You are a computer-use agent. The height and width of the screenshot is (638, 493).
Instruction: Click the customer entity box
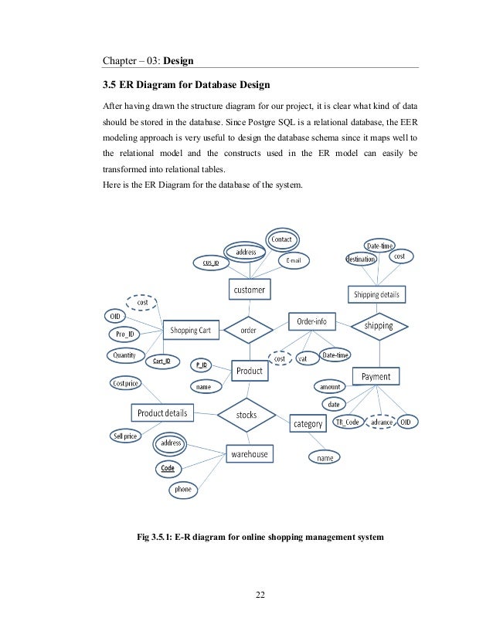(x=249, y=290)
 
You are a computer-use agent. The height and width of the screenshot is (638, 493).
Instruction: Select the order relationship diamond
(x=248, y=330)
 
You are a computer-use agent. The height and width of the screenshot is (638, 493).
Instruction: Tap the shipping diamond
(x=378, y=325)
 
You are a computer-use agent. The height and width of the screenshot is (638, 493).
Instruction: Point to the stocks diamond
(x=246, y=415)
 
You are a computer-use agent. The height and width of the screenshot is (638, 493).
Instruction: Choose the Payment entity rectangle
(x=376, y=376)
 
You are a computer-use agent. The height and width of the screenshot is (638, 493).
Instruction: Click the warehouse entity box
(x=249, y=454)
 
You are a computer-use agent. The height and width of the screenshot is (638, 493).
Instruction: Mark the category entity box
(x=308, y=423)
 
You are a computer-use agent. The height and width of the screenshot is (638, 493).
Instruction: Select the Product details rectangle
(x=161, y=412)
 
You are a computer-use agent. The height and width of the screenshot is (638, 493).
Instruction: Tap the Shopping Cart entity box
(x=190, y=330)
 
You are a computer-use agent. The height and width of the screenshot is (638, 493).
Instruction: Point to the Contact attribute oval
(x=280, y=239)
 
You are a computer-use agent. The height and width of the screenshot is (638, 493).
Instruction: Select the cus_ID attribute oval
(x=211, y=263)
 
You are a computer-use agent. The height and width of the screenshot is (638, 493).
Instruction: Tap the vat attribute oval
(x=304, y=358)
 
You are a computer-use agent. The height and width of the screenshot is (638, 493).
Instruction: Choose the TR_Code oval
(x=347, y=422)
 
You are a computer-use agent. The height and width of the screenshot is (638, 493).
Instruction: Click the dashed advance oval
(x=382, y=422)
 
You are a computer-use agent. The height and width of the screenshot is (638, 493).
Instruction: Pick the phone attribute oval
(x=182, y=490)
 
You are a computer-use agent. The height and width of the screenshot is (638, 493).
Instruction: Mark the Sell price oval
(x=125, y=436)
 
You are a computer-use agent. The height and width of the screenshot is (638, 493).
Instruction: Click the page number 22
(x=260, y=595)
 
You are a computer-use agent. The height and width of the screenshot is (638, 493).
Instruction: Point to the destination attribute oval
(x=361, y=260)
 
